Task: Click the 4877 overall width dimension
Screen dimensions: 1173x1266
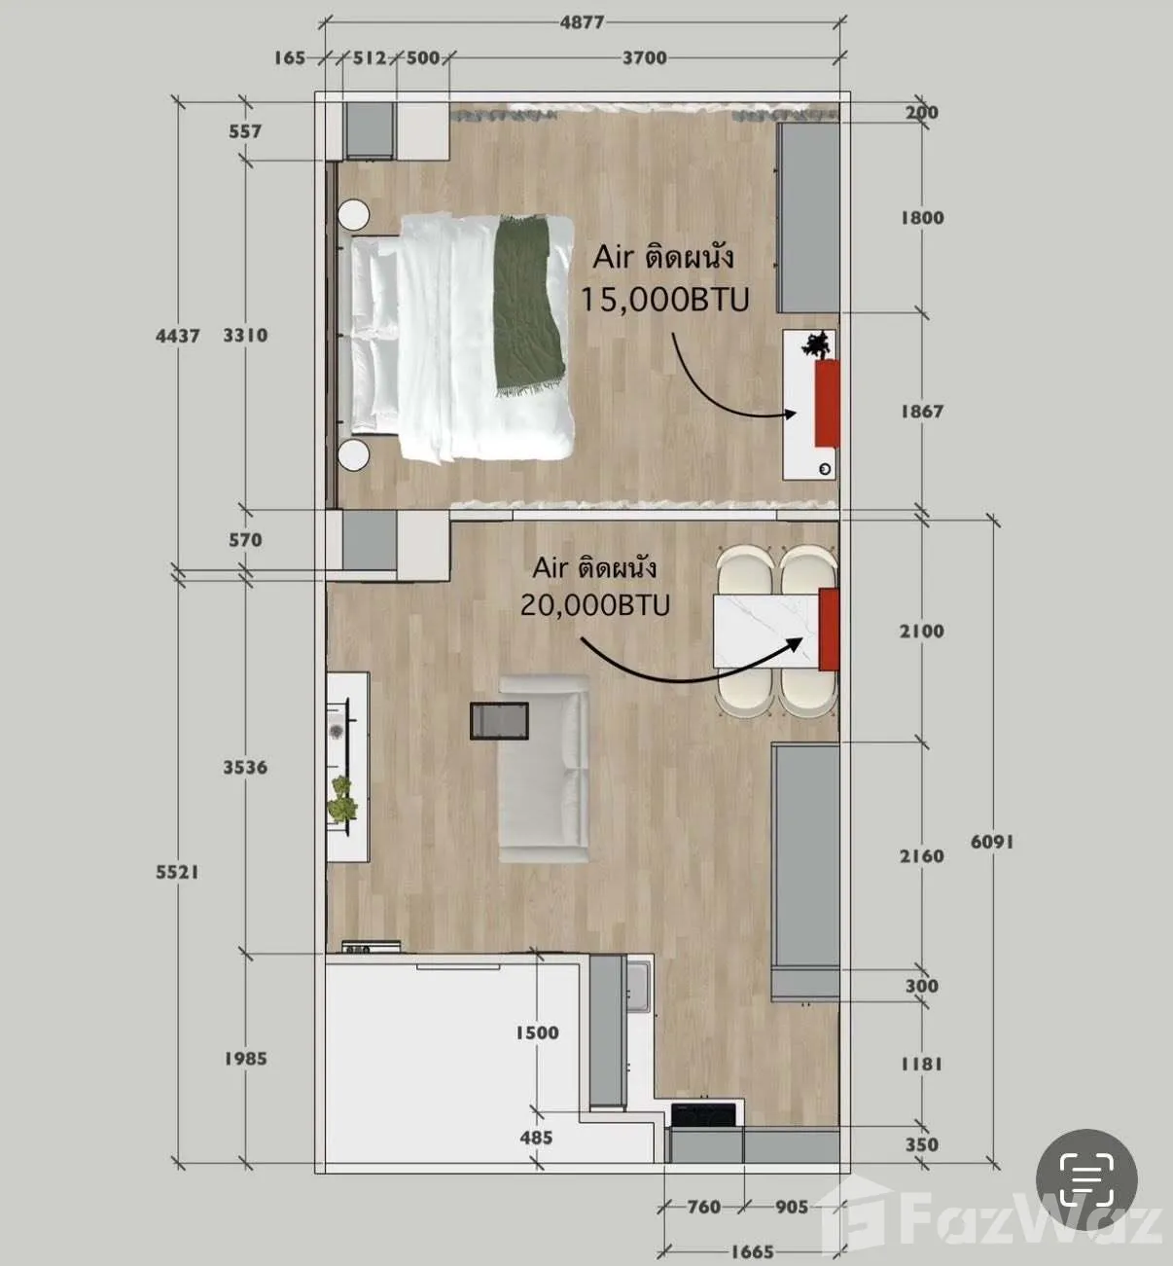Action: coord(582,23)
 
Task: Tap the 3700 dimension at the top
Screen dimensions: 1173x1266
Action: coord(645,58)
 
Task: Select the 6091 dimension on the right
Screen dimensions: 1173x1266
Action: coord(992,842)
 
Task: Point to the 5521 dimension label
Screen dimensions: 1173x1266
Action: coord(178,872)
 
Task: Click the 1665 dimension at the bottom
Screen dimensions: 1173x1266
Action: coord(752,1252)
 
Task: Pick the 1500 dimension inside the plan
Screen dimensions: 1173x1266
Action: coord(537,1032)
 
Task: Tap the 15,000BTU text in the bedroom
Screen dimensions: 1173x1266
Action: coord(664,300)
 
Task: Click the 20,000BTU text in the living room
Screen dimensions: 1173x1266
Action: coord(595,604)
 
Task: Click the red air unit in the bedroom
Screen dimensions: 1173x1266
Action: coord(827,404)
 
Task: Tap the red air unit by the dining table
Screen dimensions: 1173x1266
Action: coord(829,630)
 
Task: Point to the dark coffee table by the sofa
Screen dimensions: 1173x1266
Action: coord(500,721)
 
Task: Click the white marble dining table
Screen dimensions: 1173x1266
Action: coord(766,631)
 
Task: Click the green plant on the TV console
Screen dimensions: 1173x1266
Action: coord(342,798)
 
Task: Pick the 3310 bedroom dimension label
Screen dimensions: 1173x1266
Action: coord(245,336)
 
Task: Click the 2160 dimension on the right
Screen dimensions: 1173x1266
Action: coord(921,856)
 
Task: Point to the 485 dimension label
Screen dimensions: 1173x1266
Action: coord(537,1138)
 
